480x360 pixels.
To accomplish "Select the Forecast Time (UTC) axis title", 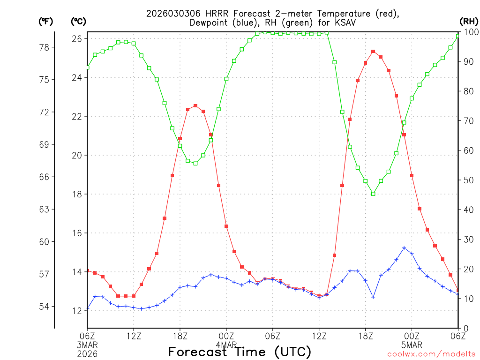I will [240, 352].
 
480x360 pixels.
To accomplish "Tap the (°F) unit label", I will [46, 21].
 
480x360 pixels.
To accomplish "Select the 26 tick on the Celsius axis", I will [77, 38].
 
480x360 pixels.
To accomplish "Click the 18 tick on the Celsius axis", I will [77, 194].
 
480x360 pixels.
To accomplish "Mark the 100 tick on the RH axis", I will [469, 32].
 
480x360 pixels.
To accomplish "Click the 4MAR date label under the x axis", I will [226, 345].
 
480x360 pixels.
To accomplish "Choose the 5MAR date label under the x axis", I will [412, 345].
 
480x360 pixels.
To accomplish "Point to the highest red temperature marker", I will [373, 52].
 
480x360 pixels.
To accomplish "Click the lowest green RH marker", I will [373, 194].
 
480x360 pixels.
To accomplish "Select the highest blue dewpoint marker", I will [404, 248].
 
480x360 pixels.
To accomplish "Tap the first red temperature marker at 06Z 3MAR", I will [87, 271].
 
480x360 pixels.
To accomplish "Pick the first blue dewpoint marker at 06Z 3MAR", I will [87, 309].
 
